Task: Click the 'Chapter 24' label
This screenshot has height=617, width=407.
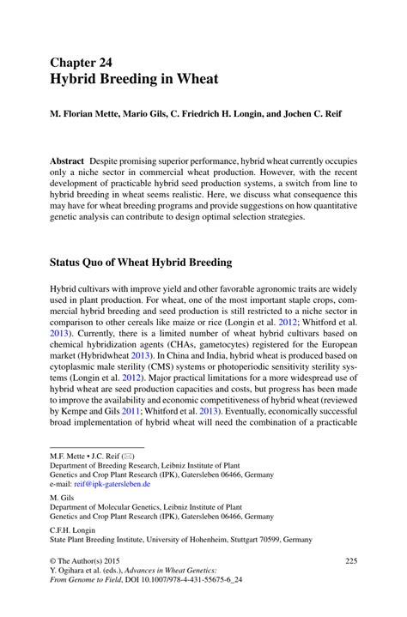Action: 83,63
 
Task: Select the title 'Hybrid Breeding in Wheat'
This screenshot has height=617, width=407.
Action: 133,79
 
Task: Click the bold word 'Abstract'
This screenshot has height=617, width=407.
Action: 66,161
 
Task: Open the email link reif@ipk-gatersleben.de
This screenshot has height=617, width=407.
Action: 112,483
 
